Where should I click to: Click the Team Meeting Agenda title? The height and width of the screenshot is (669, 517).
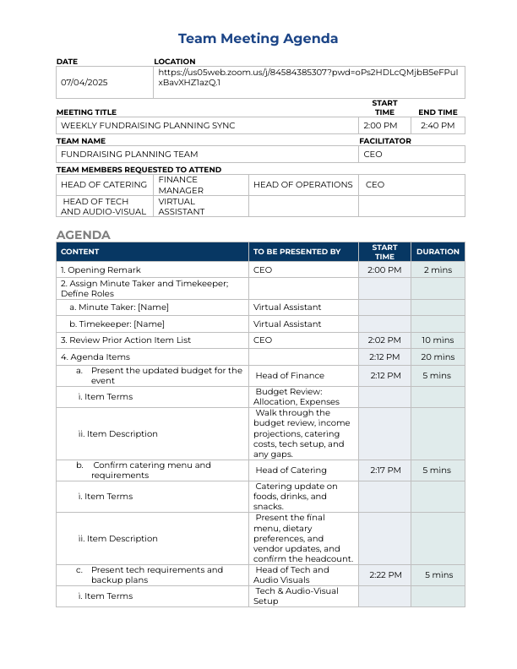click(258, 39)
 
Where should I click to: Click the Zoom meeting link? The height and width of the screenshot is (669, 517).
click(308, 78)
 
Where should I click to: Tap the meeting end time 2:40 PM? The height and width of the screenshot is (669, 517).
click(438, 126)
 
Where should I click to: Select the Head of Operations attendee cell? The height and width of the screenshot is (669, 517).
click(302, 184)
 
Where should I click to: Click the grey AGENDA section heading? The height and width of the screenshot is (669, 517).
click(84, 235)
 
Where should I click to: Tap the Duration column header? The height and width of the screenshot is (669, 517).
click(438, 252)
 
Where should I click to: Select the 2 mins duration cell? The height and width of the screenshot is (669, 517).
click(438, 270)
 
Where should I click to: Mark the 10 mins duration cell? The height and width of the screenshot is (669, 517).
click(438, 340)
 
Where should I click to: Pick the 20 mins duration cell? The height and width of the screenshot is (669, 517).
click(438, 357)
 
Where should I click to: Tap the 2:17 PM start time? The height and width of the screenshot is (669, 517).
click(384, 470)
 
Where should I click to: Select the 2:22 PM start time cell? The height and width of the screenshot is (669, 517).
click(384, 575)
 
